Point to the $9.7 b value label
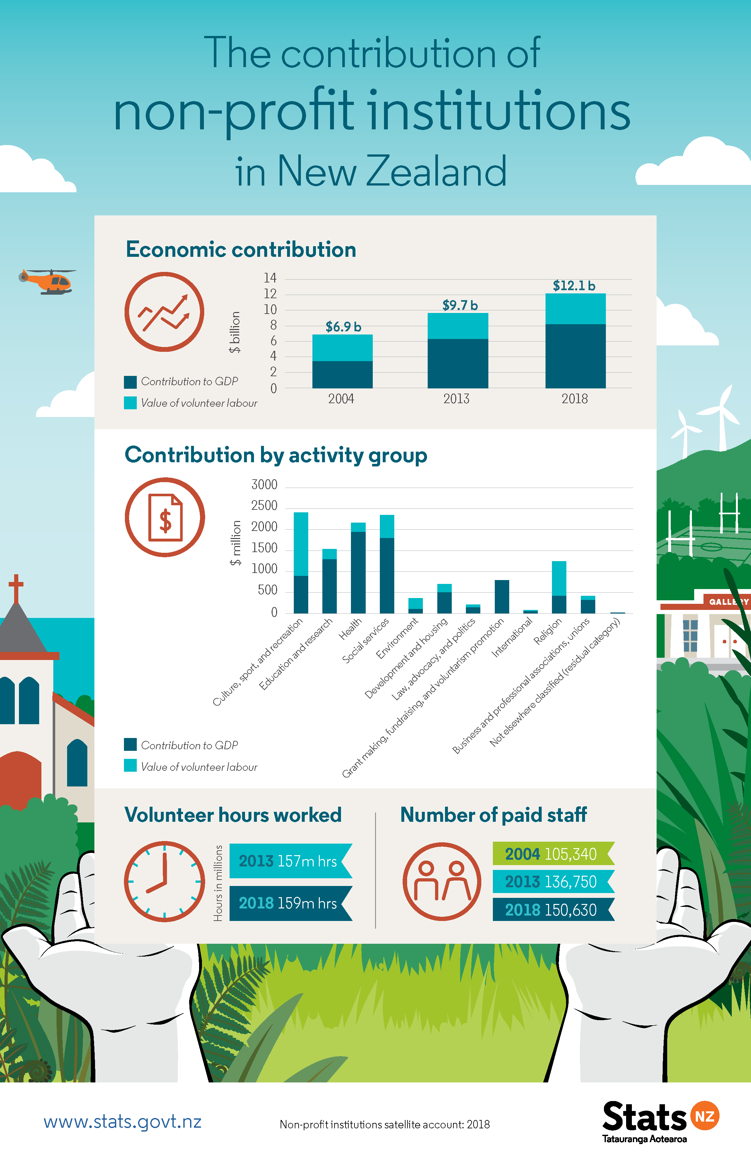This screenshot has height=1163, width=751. tap(459, 305)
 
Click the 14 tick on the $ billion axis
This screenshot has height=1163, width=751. tap(270, 278)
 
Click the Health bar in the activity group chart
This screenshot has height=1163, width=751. tap(358, 568)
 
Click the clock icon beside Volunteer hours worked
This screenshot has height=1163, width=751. tap(164, 881)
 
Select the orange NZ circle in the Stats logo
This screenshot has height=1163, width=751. tap(704, 1116)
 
